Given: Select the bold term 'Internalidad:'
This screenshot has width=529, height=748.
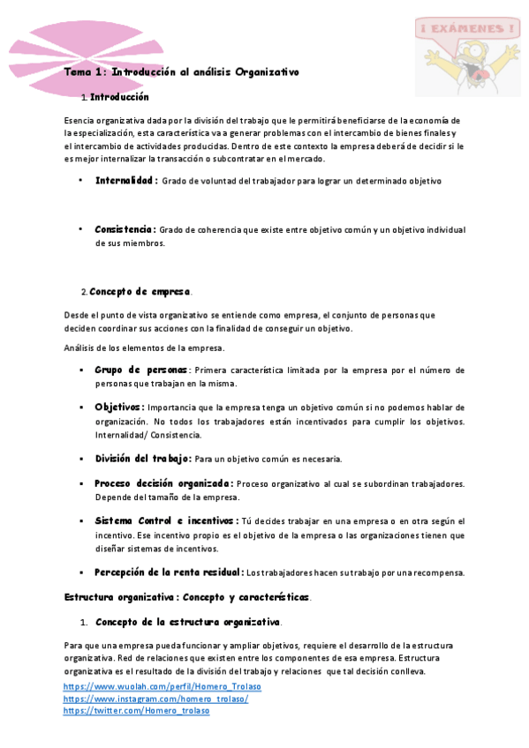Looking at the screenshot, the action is [126, 180].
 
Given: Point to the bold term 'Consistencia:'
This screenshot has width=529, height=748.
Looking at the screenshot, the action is [125, 229].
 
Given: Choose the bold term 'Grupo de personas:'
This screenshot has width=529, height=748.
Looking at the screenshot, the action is [142, 370].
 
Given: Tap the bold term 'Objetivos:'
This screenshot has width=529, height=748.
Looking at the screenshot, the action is [120, 407].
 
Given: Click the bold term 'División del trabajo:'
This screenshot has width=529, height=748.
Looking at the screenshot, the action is [143, 459].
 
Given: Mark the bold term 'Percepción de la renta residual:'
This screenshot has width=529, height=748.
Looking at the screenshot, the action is [170, 572].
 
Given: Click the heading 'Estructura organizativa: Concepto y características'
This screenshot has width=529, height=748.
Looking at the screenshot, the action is [186, 597].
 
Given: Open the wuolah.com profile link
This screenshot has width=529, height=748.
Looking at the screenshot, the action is [162, 686].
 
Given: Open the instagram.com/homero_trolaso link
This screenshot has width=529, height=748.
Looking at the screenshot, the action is [155, 699].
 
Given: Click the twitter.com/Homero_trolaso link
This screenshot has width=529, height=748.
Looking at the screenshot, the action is [136, 711].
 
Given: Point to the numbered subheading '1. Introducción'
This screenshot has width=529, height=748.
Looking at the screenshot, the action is [115, 97].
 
